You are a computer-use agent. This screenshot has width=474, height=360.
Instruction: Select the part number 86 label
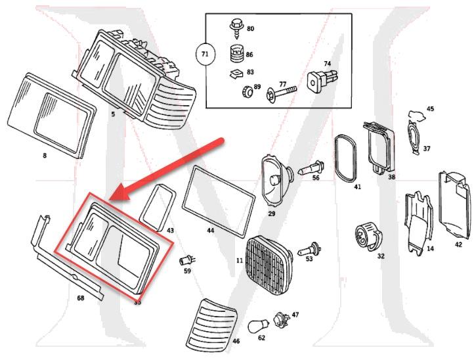pos(249,55)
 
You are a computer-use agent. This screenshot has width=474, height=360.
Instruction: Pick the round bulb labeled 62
pos(258,326)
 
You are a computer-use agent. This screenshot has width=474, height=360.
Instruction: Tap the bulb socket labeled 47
pos(280,319)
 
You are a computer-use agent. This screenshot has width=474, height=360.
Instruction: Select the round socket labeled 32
pos(365,235)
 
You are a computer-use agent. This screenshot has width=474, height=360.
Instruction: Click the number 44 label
pos(210,231)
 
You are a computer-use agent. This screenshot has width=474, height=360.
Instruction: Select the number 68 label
pos(80,298)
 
